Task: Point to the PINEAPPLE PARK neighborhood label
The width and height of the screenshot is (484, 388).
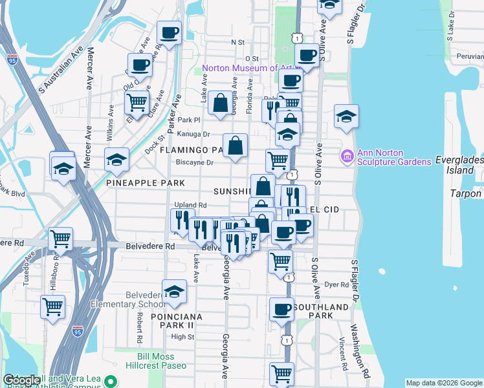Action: pyautogui.click(x=140, y=183)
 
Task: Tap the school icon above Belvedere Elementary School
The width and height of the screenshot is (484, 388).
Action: pyautogui.click(x=174, y=292)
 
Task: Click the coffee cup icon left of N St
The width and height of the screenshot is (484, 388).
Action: pyautogui.click(x=169, y=32)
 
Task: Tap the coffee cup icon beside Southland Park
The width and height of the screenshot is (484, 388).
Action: pyautogui.click(x=282, y=310)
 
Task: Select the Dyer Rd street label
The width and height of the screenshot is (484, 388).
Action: pyautogui.click(x=336, y=284)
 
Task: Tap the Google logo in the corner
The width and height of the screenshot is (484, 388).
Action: pyautogui.click(x=21, y=380)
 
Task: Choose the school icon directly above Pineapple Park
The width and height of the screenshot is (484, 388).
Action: pyautogui.click(x=116, y=159)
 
